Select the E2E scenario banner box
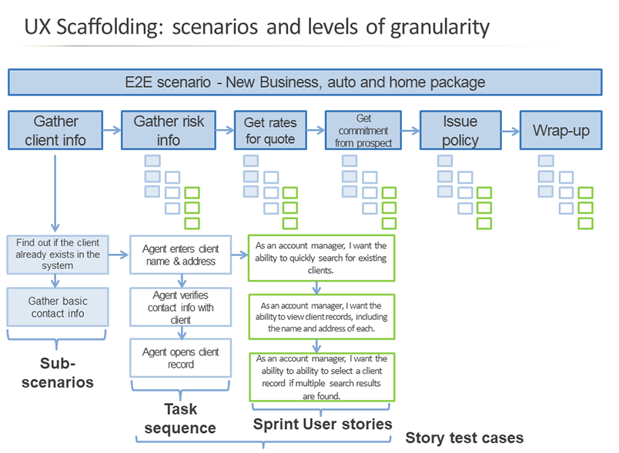[x=305, y=82]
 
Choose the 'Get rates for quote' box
[x=269, y=130]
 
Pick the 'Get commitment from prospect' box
[x=364, y=130]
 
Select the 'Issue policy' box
[x=460, y=130]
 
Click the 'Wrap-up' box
[x=560, y=130]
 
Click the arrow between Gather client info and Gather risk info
[x=112, y=131]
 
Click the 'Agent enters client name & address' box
[x=180, y=255]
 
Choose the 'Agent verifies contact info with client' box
[x=180, y=307]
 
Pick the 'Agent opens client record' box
[x=180, y=358]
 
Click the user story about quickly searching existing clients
[x=320, y=258]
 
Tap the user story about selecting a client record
[x=320, y=377]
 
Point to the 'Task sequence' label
[x=180, y=418]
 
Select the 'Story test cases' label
[x=464, y=438]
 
